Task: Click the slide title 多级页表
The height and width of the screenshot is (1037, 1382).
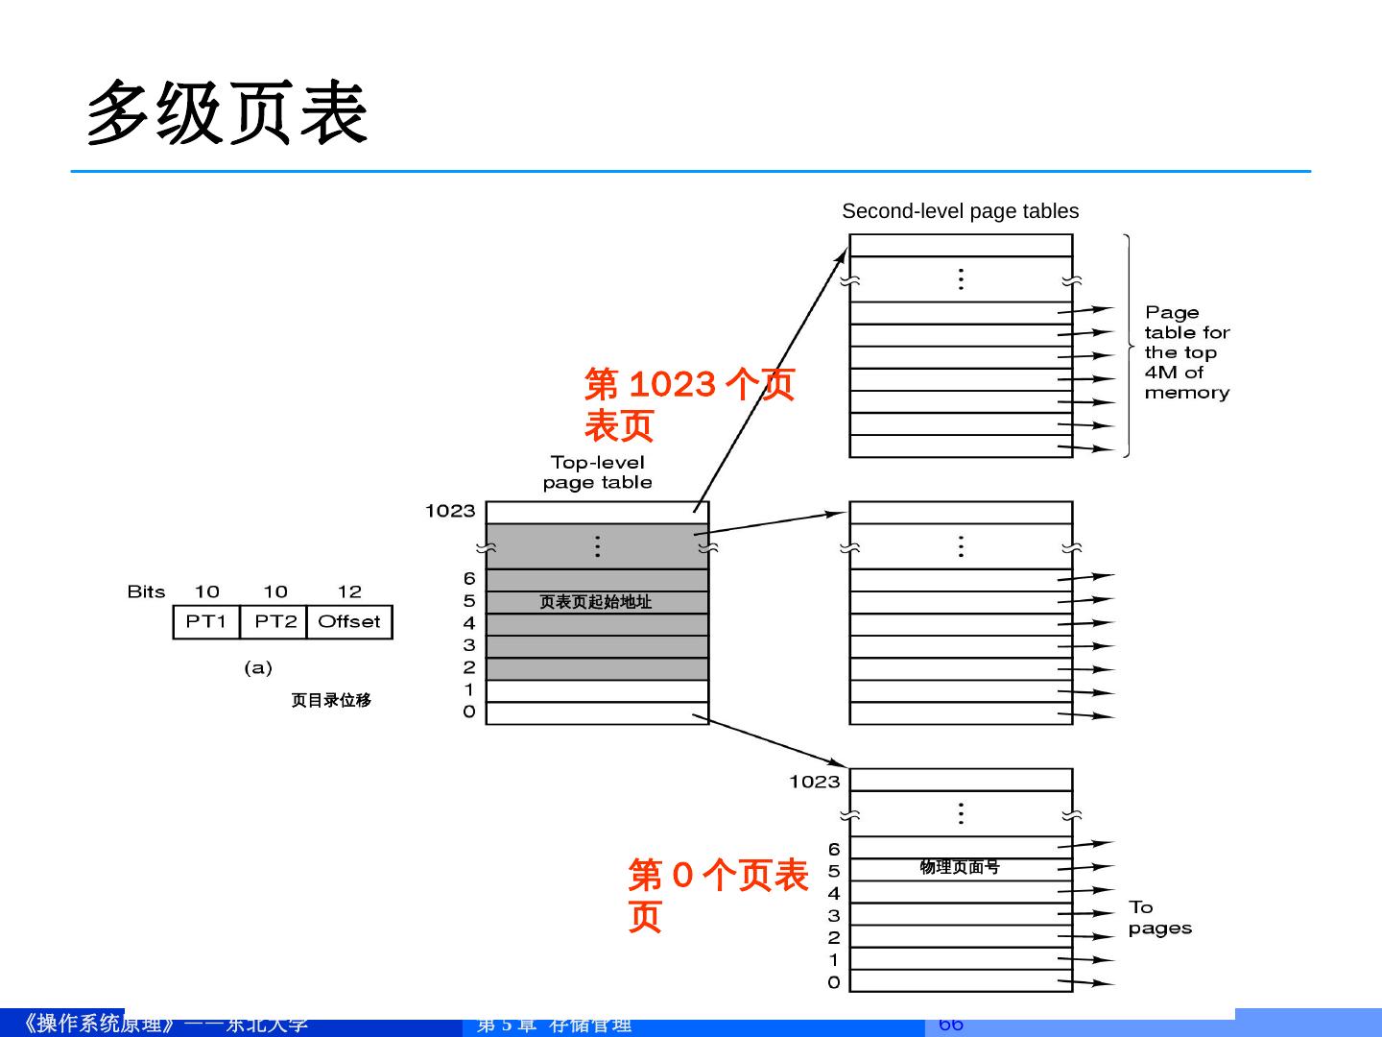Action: [227, 113]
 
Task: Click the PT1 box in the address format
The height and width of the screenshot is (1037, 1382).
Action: [206, 622]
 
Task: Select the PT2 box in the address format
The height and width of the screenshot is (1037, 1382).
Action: [274, 622]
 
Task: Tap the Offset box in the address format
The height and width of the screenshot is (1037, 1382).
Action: [349, 622]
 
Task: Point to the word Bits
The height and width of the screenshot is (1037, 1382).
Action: [146, 591]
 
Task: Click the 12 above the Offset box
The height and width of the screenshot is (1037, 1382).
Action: [349, 591]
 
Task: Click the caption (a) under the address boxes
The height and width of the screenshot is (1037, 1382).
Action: [257, 667]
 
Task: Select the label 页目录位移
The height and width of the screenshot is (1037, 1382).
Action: [331, 700]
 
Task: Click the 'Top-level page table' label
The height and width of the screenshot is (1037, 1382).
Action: [597, 472]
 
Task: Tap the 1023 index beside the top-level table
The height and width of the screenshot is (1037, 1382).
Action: [450, 511]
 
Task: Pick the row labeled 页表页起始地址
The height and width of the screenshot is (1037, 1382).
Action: [596, 602]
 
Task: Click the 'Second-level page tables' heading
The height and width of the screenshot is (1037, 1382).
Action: [960, 211]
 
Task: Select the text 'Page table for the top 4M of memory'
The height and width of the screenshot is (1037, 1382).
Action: [1186, 352]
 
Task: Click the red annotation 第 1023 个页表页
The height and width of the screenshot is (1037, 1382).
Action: [688, 404]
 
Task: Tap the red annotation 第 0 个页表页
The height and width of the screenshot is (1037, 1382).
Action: [717, 895]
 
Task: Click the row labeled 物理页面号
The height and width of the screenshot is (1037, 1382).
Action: [960, 868]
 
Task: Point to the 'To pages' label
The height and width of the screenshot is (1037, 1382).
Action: [1159, 918]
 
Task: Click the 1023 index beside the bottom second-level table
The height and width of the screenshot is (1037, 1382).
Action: [814, 782]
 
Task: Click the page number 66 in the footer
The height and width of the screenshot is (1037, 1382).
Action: [950, 1025]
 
